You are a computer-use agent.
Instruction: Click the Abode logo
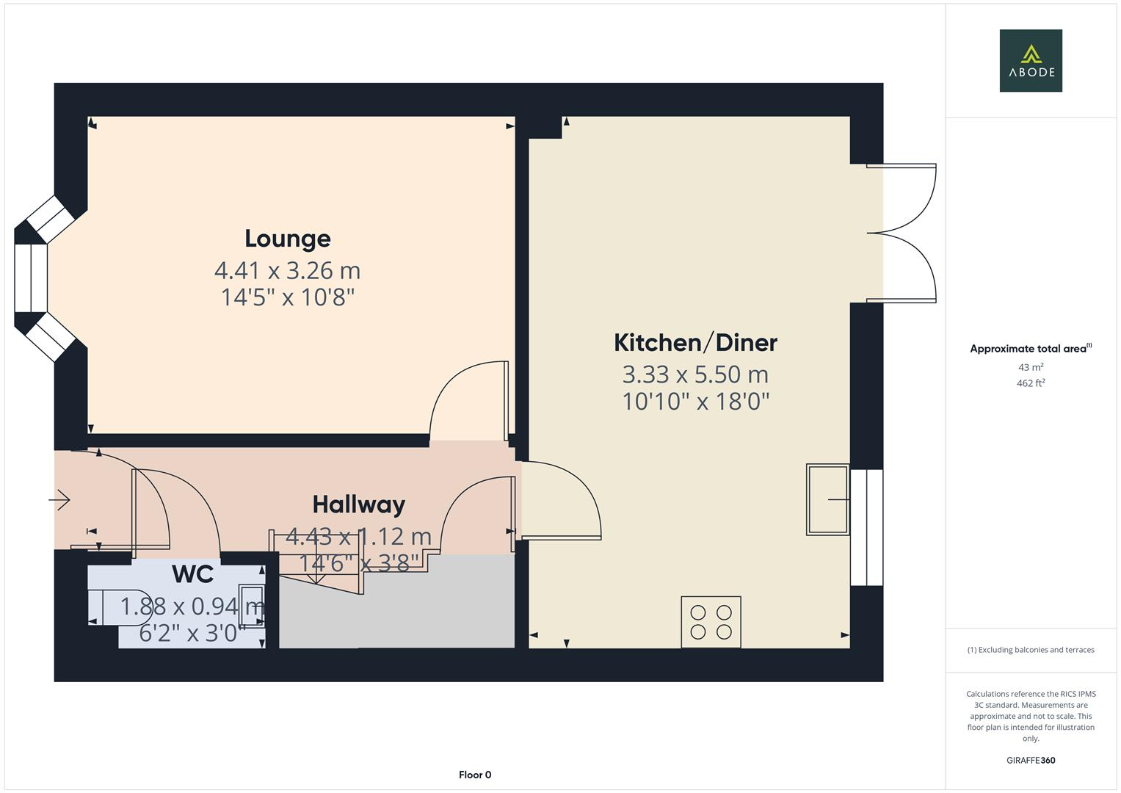[x=1031, y=61]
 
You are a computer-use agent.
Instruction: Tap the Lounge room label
[x=287, y=239]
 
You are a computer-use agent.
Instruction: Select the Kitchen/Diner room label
[x=695, y=342]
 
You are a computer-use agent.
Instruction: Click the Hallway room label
[x=358, y=504]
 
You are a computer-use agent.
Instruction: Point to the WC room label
[x=192, y=574]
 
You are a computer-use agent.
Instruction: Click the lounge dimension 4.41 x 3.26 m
[x=287, y=270]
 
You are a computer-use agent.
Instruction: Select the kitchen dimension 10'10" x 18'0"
[x=695, y=402]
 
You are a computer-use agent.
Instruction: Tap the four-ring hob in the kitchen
[x=711, y=622]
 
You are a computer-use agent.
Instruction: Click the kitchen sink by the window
[x=827, y=499]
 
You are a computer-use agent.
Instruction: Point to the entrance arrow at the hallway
[x=59, y=500]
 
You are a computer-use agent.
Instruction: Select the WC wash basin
[x=252, y=606]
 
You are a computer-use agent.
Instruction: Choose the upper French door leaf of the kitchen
[x=903, y=198]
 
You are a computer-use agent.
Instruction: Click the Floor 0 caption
[x=474, y=775]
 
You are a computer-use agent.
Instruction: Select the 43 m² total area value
[x=1031, y=367]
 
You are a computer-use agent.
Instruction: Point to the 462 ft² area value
[x=1031, y=383]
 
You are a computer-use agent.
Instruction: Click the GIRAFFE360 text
[x=1031, y=760]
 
